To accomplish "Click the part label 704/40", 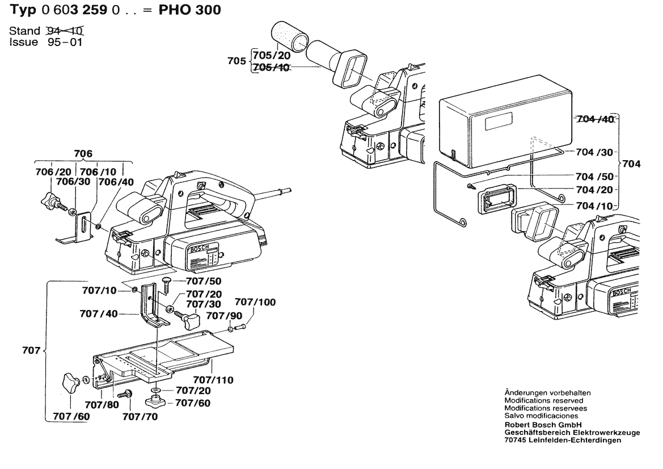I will (594, 119).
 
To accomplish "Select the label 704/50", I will (594, 177).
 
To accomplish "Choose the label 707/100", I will (255, 303).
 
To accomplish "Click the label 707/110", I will (213, 379).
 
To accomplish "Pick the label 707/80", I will (102, 405).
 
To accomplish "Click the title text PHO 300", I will (192, 10).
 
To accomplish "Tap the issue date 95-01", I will (65, 42).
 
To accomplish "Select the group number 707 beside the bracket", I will (32, 350).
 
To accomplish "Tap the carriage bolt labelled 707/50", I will (167, 283).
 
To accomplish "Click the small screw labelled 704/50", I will (471, 186).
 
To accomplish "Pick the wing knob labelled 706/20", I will (50, 199).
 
